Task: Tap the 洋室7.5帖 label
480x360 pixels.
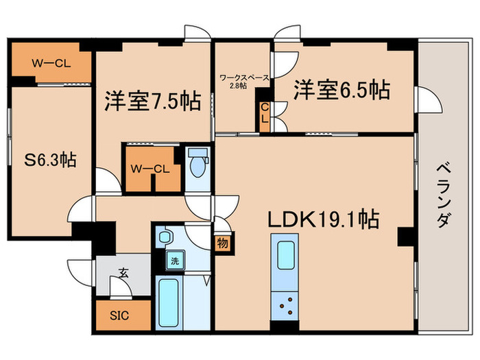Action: tap(152, 101)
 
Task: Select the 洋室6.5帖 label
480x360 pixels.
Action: tap(342, 89)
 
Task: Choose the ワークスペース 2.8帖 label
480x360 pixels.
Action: tap(243, 82)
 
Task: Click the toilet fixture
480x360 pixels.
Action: tap(199, 165)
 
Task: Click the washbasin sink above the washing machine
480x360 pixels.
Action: tap(165, 237)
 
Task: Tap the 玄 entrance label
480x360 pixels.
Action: tap(123, 272)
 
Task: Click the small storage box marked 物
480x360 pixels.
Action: tap(222, 243)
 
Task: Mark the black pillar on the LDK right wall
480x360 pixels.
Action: tap(405, 237)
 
